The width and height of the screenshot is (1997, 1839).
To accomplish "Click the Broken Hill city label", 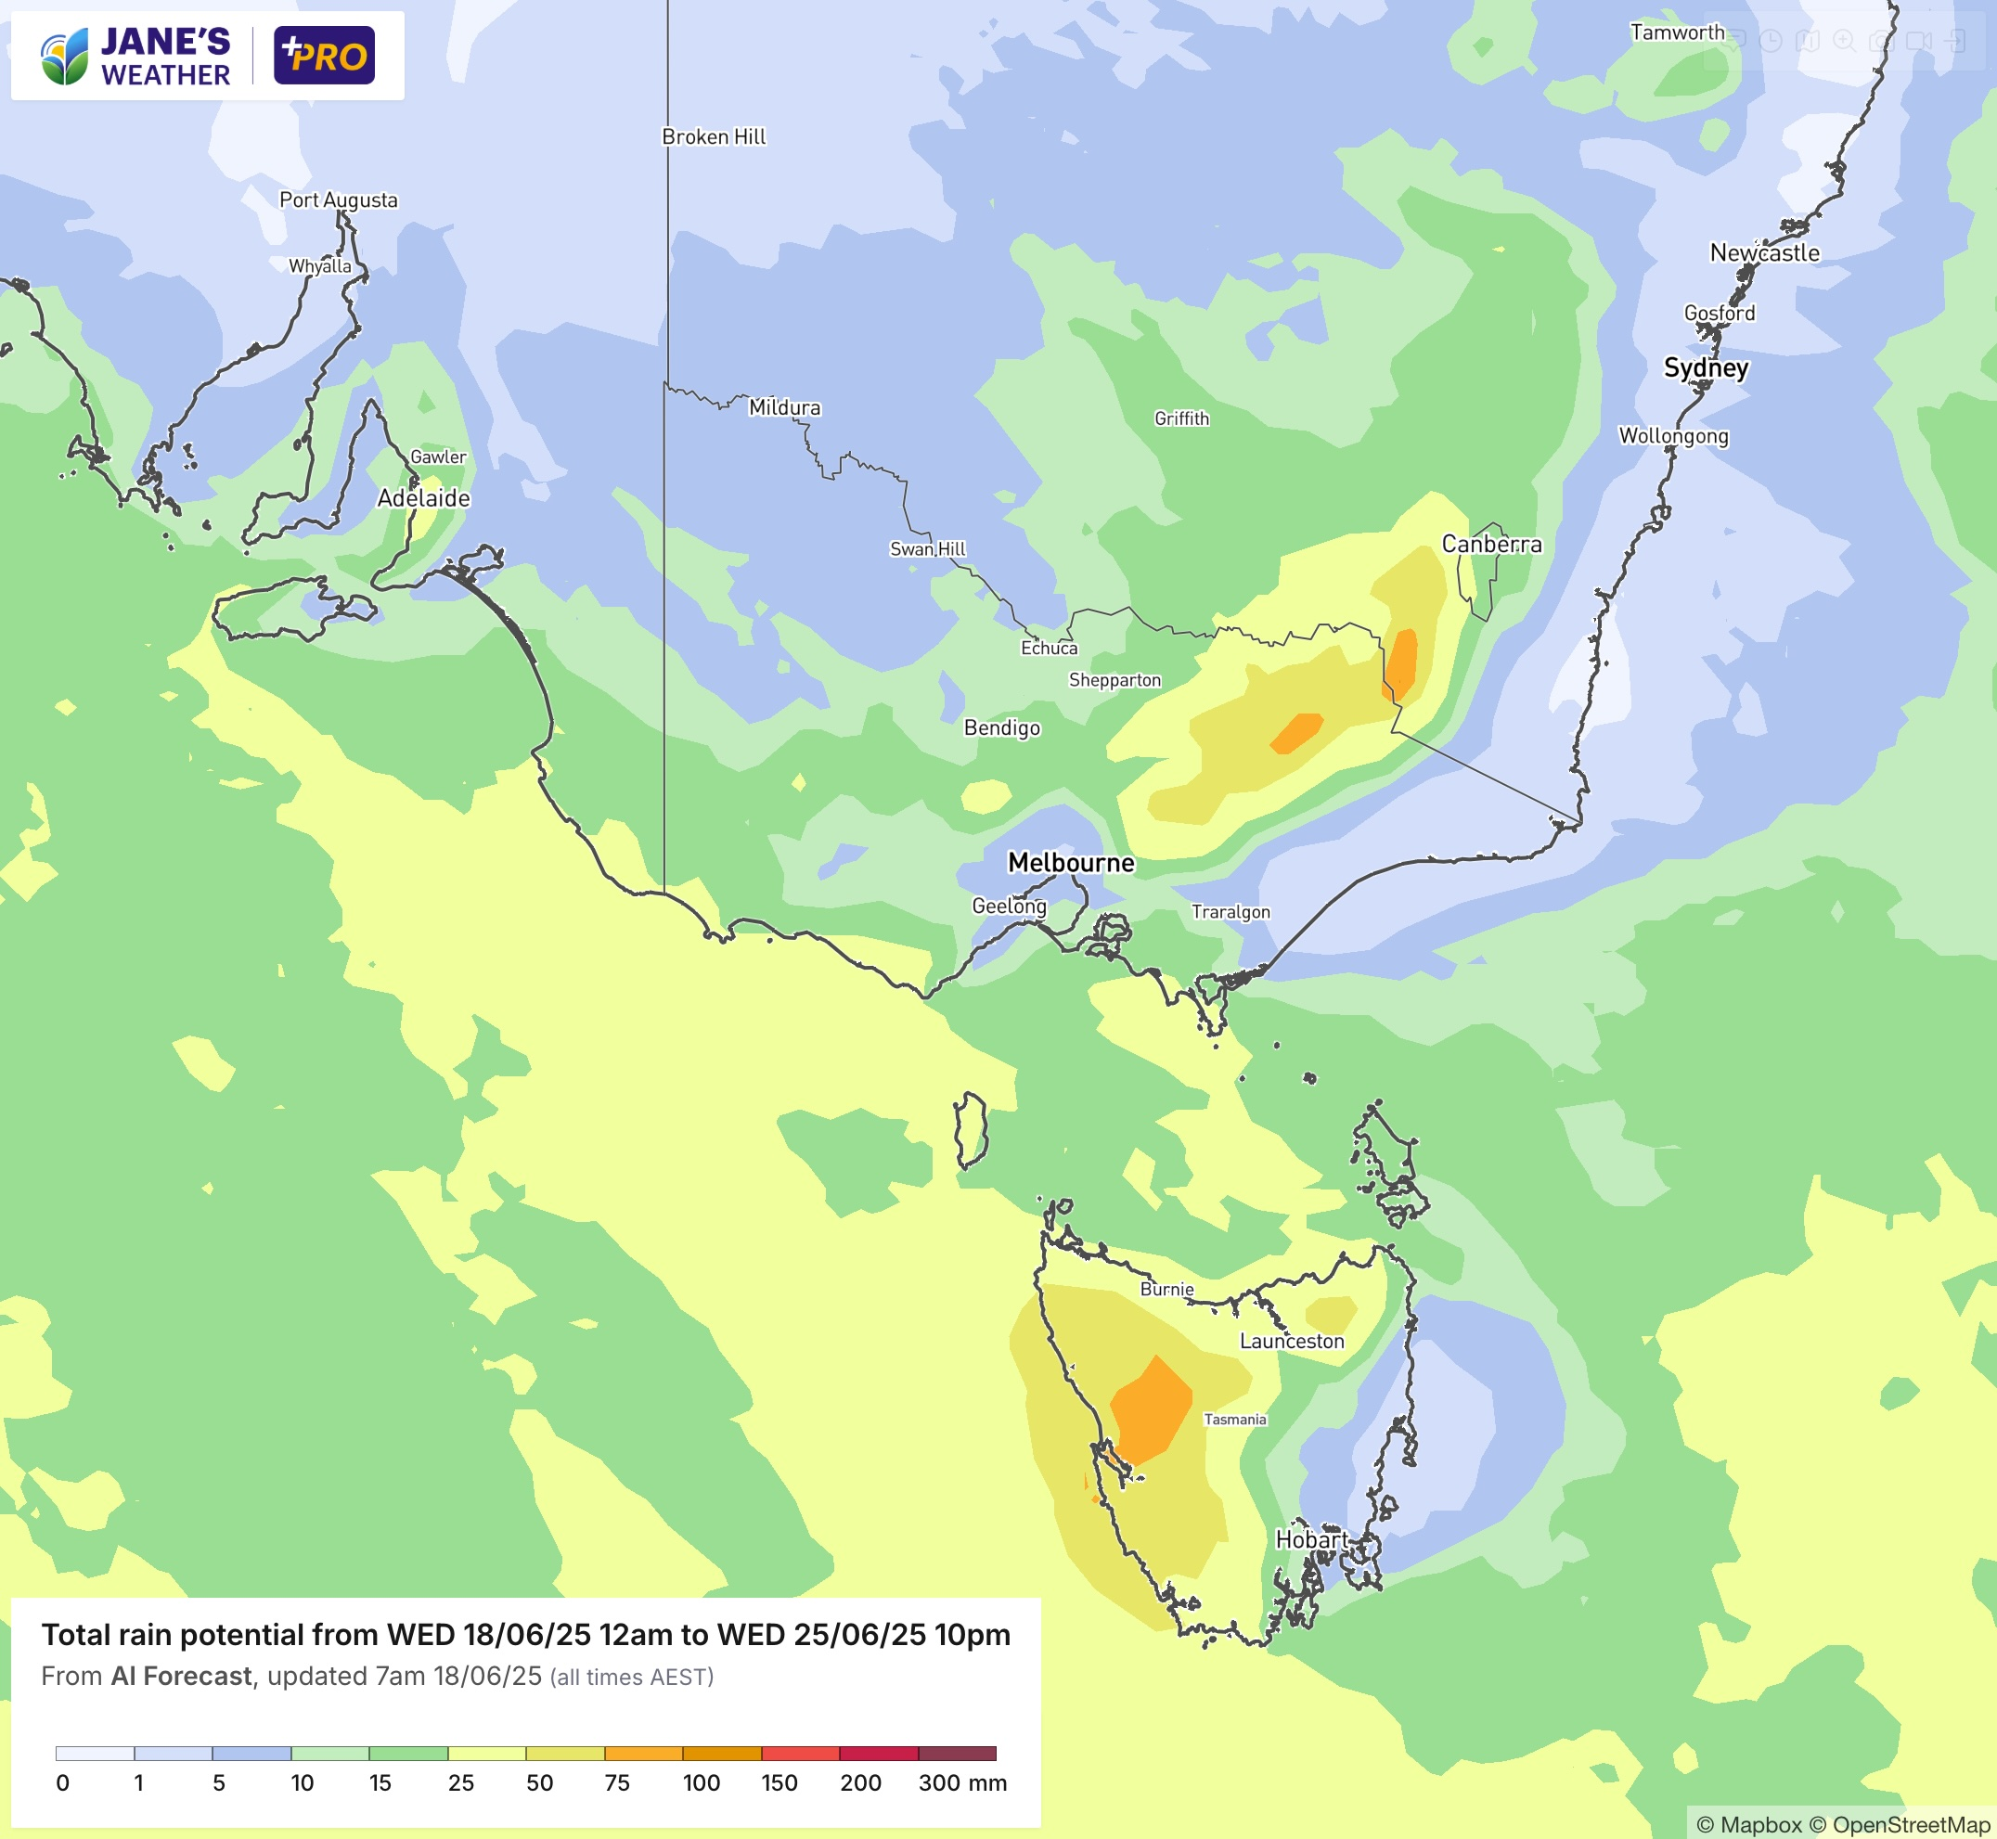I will tap(714, 137).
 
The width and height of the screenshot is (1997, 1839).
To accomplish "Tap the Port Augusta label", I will tap(339, 200).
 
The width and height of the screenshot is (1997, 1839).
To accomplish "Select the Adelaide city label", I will tap(423, 497).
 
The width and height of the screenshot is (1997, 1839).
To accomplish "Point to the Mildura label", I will tap(784, 407).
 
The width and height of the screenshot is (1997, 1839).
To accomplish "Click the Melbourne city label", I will tap(1071, 863).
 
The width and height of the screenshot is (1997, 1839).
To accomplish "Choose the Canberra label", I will tap(1490, 545).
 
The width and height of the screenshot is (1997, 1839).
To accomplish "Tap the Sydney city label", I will tap(1706, 368).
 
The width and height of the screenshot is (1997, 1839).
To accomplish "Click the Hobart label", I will tap(1311, 1539).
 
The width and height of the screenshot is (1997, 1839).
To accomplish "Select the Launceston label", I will tap(1291, 1342).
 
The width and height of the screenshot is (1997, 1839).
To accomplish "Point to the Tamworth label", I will tap(1677, 32).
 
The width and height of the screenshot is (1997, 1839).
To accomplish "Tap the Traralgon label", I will tap(1230, 912).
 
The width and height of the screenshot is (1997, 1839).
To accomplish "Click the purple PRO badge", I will tap(325, 56).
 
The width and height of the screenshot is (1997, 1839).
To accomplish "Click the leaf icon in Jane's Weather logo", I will tap(65, 57).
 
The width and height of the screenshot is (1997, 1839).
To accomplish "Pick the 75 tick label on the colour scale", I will tap(617, 1782).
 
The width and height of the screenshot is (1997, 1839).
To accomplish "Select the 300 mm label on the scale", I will tap(961, 1782).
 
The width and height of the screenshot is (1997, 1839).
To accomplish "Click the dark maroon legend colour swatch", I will tap(956, 1754).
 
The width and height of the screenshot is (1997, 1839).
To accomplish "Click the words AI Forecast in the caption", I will tap(181, 1676).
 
